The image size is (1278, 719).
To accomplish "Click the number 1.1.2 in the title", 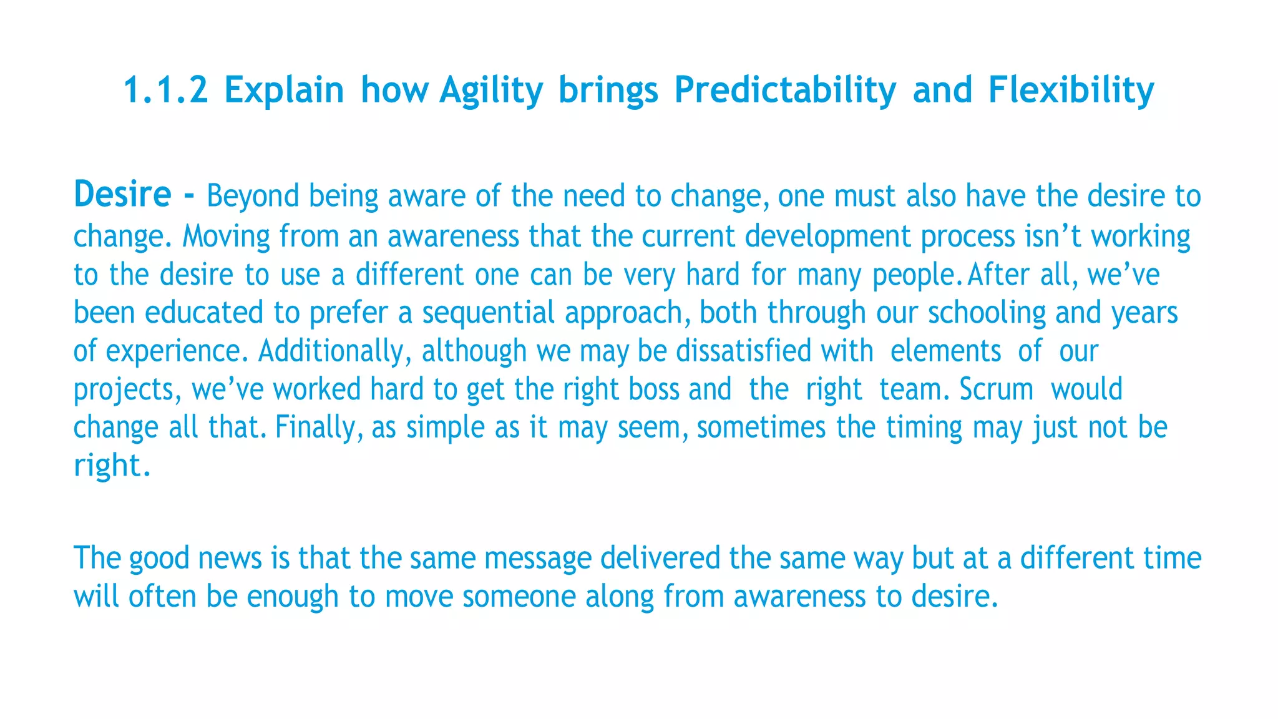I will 165,89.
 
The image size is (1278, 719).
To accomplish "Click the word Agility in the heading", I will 491,90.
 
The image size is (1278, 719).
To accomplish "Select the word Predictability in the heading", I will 785,90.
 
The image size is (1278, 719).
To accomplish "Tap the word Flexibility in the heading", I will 1071,90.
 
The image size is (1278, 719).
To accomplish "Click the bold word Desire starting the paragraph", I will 122,194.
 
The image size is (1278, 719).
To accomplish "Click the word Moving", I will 226,237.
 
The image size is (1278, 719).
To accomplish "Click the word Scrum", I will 996,389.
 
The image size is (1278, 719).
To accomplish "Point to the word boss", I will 653,389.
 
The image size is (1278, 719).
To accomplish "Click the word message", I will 537,558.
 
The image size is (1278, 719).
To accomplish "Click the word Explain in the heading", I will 284,90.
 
